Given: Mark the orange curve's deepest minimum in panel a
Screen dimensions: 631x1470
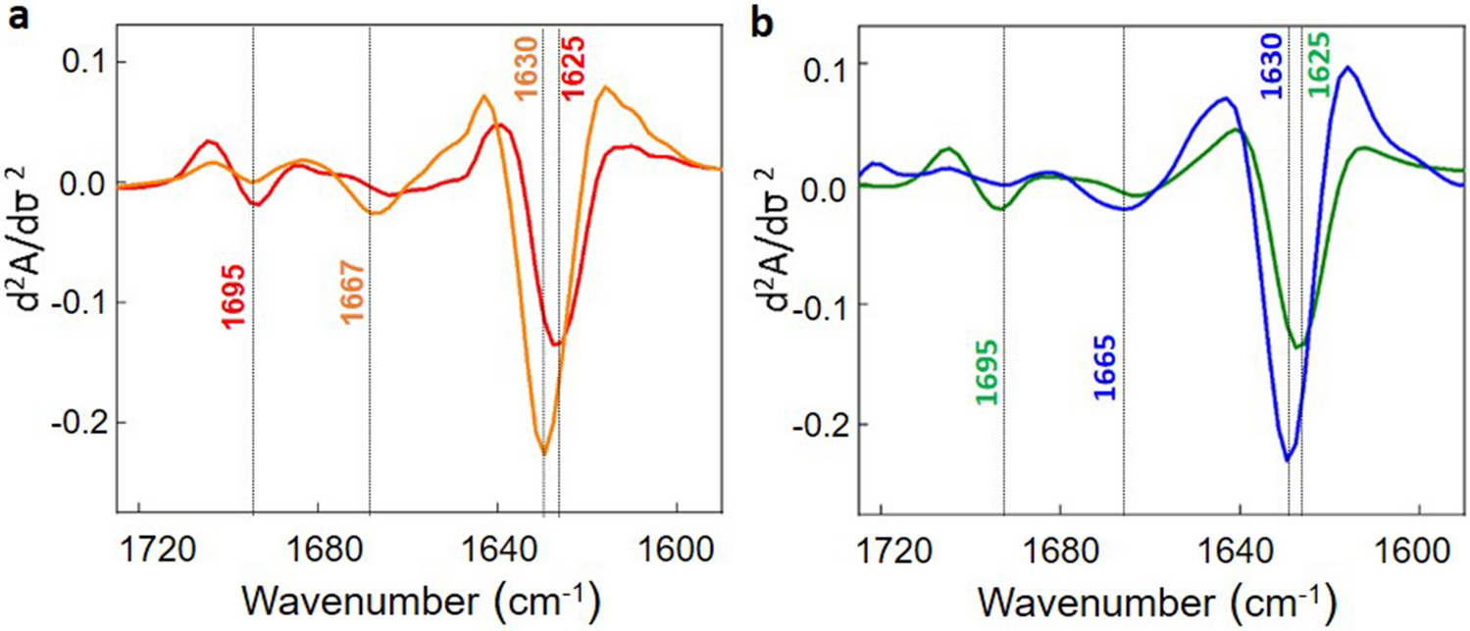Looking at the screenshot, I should (x=543, y=453).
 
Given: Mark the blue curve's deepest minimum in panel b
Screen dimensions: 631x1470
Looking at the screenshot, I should (x=1287, y=459).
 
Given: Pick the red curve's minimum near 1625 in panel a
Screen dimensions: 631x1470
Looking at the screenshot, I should (x=556, y=344).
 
